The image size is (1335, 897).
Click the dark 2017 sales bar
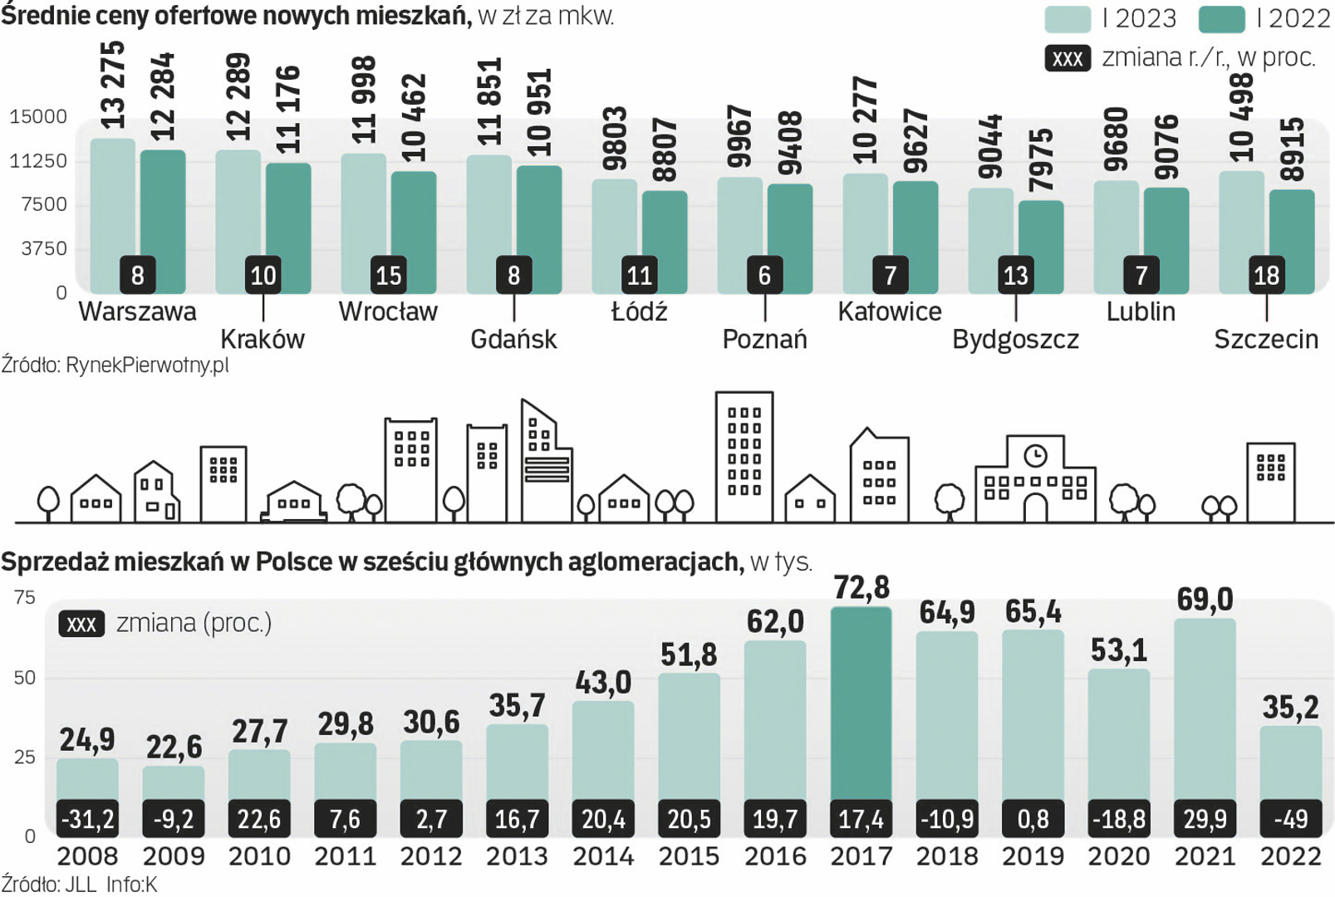(861, 706)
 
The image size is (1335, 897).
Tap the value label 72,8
(861, 587)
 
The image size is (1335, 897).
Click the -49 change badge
(1290, 820)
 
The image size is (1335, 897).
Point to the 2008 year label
(87, 856)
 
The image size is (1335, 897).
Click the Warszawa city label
(137, 311)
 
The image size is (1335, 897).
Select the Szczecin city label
(1266, 339)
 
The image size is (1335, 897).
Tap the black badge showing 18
(1266, 275)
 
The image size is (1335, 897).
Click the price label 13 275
(112, 85)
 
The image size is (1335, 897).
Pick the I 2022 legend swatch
(1221, 18)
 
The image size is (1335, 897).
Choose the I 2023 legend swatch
(1067, 18)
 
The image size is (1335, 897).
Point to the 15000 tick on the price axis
(38, 116)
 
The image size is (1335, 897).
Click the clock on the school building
(1035, 455)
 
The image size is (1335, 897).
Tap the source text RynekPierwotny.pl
(115, 365)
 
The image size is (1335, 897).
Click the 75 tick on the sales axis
(25, 597)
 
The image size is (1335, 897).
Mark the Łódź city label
(639, 311)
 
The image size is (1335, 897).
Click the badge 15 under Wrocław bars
(389, 275)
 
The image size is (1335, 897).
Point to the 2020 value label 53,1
(1119, 650)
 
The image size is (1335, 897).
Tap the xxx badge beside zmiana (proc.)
(81, 624)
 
